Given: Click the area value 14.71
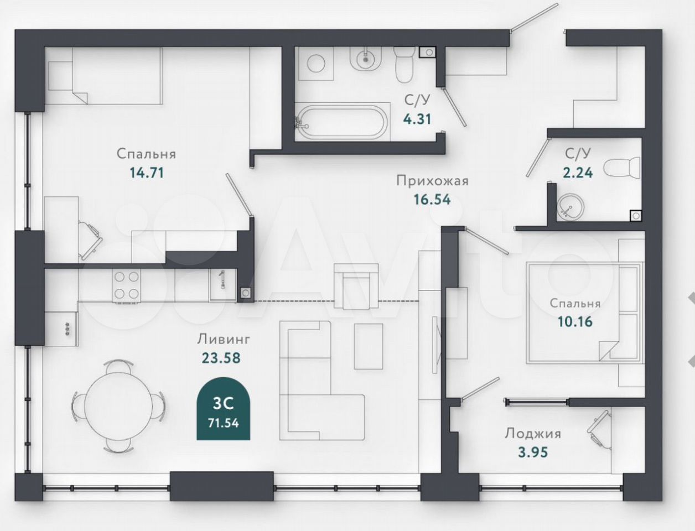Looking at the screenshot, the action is [x=147, y=173].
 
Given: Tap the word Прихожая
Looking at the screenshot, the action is [x=432, y=181].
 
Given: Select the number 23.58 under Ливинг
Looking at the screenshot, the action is [x=221, y=358].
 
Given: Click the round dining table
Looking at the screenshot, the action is [x=118, y=407].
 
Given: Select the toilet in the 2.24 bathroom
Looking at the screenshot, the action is [x=621, y=167].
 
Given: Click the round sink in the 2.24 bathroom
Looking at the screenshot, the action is [x=569, y=207].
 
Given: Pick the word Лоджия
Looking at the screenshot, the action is [x=533, y=434].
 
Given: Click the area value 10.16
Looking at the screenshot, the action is [x=575, y=322].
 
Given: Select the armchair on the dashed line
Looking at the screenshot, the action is [x=356, y=287].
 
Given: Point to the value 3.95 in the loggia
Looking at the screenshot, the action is [x=533, y=452].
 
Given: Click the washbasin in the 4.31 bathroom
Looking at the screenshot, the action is [x=365, y=60].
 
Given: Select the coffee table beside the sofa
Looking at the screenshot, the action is [x=369, y=346].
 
